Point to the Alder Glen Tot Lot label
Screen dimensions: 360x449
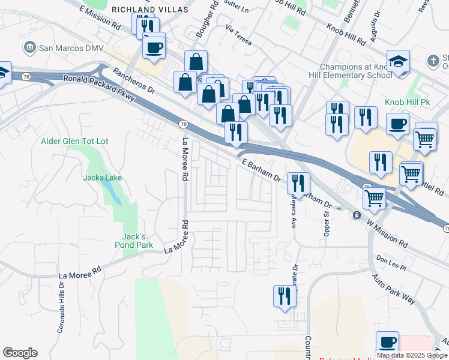(74, 142)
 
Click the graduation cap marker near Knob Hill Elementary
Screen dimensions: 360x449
(398, 62)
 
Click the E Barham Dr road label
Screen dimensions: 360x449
(261, 170)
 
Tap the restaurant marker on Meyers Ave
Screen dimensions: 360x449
(298, 182)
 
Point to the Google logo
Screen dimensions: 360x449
(20, 353)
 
